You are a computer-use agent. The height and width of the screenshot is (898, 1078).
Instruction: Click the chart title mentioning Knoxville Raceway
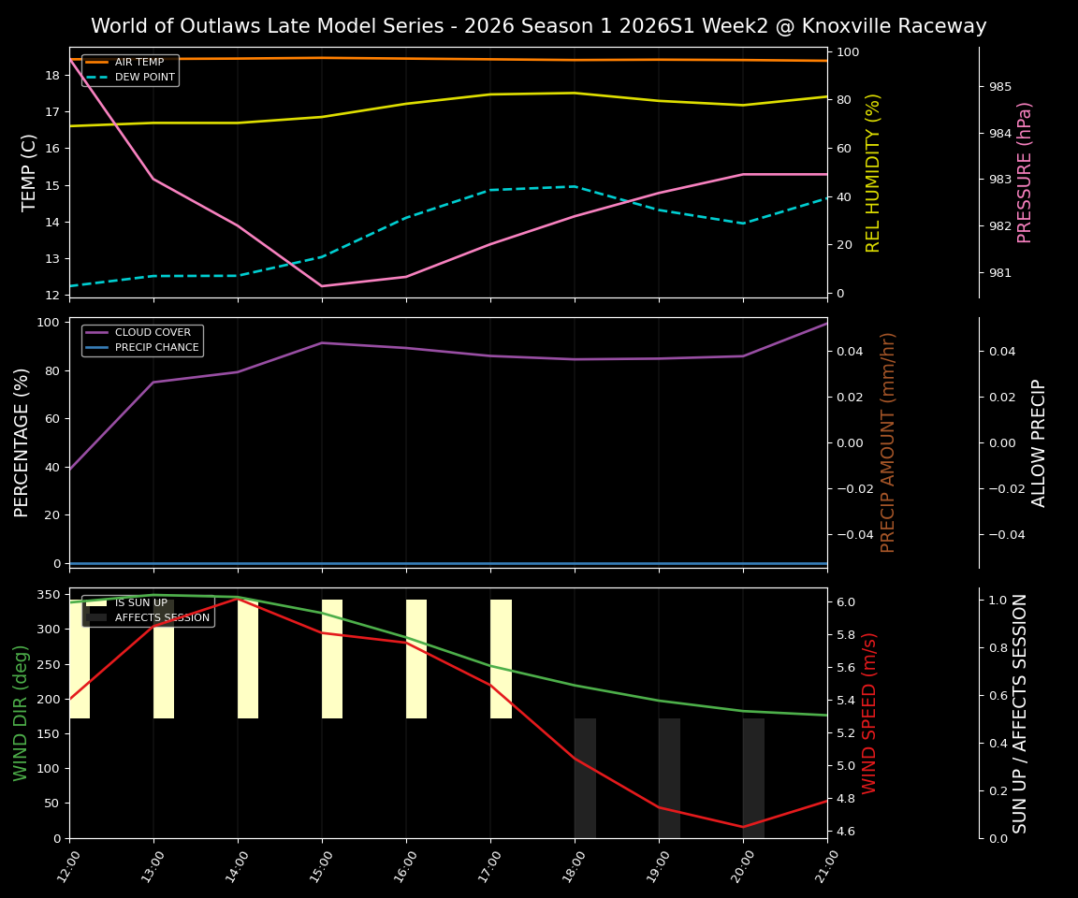538,26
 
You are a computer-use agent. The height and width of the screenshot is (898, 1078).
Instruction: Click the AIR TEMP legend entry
138,62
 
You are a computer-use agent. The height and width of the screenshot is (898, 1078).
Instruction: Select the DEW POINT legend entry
144,77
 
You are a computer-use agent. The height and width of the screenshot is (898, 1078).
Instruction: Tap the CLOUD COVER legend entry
153,332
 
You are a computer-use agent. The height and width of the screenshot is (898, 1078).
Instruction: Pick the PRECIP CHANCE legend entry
156,347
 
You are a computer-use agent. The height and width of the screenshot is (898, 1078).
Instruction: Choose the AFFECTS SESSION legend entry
162,617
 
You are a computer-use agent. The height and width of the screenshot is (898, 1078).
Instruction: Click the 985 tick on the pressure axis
1000,87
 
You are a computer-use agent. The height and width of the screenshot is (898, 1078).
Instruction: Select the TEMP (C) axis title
30,172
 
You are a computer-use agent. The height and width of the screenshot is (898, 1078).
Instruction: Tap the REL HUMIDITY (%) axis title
873,172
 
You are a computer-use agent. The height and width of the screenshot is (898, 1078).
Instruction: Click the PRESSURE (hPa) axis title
1025,172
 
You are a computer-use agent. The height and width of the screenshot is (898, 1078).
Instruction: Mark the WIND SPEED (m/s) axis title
869,713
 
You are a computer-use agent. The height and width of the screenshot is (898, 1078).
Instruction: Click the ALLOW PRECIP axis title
1039,442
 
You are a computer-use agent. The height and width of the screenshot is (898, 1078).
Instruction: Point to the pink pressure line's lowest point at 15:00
322,286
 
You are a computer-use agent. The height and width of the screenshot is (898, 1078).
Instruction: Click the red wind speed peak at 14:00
238,599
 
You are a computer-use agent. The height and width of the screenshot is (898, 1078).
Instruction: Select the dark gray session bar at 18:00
585,777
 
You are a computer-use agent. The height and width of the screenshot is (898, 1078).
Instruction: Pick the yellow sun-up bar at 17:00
501,659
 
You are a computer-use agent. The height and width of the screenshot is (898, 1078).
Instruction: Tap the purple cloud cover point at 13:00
153,382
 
